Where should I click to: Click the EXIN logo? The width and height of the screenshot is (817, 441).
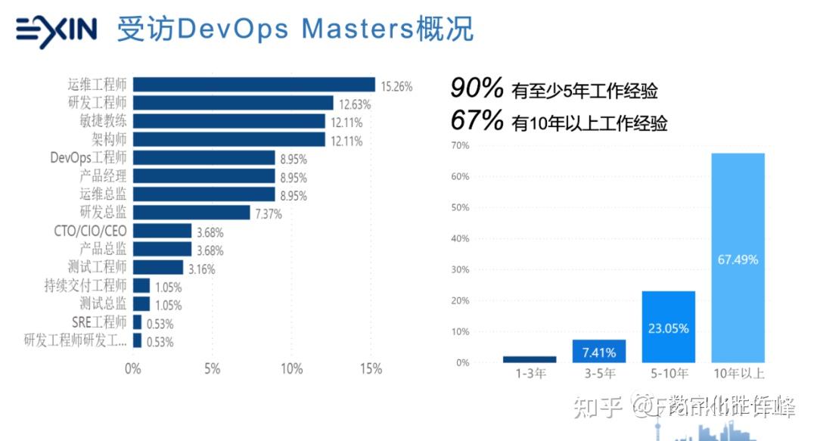(57, 31)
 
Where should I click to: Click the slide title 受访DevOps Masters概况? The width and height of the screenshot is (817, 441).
(295, 30)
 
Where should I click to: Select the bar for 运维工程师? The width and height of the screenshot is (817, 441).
(253, 85)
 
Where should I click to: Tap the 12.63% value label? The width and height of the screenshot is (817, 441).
(355, 104)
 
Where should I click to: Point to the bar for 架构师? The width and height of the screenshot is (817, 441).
(228, 140)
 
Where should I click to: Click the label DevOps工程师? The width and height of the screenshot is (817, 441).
(89, 157)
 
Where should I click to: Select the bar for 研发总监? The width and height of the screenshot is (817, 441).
(191, 213)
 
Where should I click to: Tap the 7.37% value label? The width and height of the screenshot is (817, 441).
(269, 214)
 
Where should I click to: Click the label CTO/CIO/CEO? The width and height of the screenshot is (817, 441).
(90, 231)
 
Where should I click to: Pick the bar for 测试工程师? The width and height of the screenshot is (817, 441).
(157, 267)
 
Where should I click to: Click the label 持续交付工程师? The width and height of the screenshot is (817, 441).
(85, 285)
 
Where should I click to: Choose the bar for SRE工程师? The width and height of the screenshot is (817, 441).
(137, 322)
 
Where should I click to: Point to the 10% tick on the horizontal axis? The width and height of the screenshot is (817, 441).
(291, 369)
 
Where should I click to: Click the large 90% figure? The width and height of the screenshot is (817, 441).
(477, 89)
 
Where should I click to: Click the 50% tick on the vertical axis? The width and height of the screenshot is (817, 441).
(460, 238)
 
